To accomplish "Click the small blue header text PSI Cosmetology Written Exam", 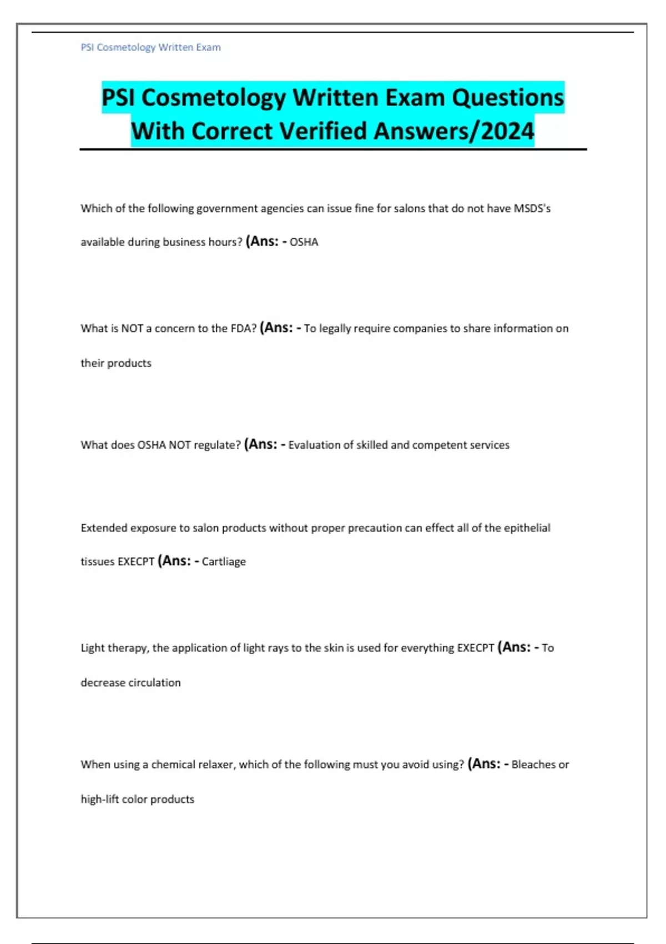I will click(150, 48).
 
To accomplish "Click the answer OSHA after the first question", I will click(304, 242).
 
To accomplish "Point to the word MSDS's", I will click(532, 209).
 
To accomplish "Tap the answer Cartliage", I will click(224, 562).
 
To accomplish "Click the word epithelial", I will click(527, 528).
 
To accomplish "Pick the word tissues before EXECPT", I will click(97, 562).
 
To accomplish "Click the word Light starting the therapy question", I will click(92, 648).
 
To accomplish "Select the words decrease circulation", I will click(130, 682).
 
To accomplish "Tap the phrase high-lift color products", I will click(137, 799).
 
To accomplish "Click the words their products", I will click(115, 363).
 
